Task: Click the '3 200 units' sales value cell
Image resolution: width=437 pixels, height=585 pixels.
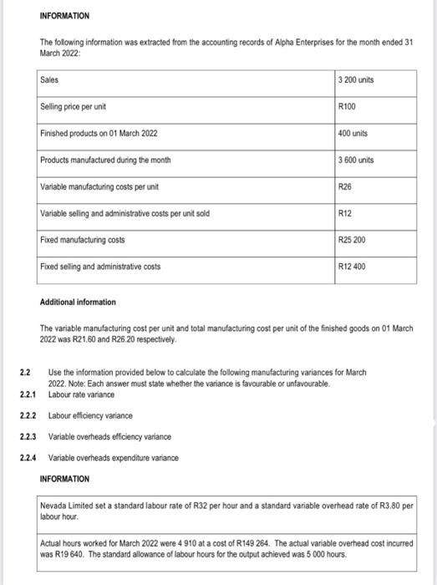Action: coord(355,79)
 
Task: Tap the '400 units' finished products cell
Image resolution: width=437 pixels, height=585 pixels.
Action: coord(353,134)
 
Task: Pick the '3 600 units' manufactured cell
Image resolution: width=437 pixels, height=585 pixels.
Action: coord(355,160)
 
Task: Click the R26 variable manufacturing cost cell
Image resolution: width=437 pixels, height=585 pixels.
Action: coord(344,186)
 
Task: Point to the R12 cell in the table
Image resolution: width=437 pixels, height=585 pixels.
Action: coord(344,213)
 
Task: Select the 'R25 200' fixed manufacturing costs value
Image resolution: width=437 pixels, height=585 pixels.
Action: coord(351,240)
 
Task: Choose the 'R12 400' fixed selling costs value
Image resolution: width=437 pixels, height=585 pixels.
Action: coord(351,267)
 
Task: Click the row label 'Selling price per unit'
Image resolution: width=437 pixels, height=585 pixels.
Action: coord(73,107)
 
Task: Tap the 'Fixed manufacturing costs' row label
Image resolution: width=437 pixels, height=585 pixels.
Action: coord(83,240)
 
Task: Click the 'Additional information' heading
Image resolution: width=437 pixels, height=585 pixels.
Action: coord(77,301)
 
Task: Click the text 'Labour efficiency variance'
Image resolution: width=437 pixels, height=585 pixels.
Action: coord(89,415)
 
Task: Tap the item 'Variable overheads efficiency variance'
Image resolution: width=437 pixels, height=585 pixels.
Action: coord(109,436)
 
